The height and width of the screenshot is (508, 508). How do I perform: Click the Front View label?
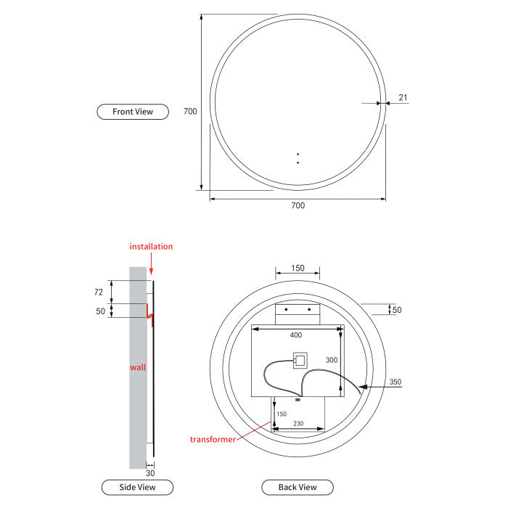point(133,112)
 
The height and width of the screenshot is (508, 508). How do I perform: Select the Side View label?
point(136,487)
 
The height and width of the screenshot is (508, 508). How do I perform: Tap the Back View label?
point(298,487)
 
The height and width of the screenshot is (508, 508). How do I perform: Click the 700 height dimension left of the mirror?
point(190,112)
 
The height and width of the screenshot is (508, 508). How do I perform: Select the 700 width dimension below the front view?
point(298,205)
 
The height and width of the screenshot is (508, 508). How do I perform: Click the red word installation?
point(151,247)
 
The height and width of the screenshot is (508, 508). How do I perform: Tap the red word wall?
point(138,367)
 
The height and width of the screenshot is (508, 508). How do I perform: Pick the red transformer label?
point(213,440)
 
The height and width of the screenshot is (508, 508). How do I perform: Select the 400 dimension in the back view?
point(296,335)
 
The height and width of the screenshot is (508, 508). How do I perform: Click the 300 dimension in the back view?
point(332,360)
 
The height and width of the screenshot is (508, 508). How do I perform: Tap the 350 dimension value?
point(395,382)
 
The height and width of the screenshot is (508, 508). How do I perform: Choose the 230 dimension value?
point(298,424)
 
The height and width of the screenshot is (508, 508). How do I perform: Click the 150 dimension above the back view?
point(298,268)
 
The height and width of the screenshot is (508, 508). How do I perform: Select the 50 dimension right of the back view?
point(397,310)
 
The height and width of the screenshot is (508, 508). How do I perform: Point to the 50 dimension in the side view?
point(100,311)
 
